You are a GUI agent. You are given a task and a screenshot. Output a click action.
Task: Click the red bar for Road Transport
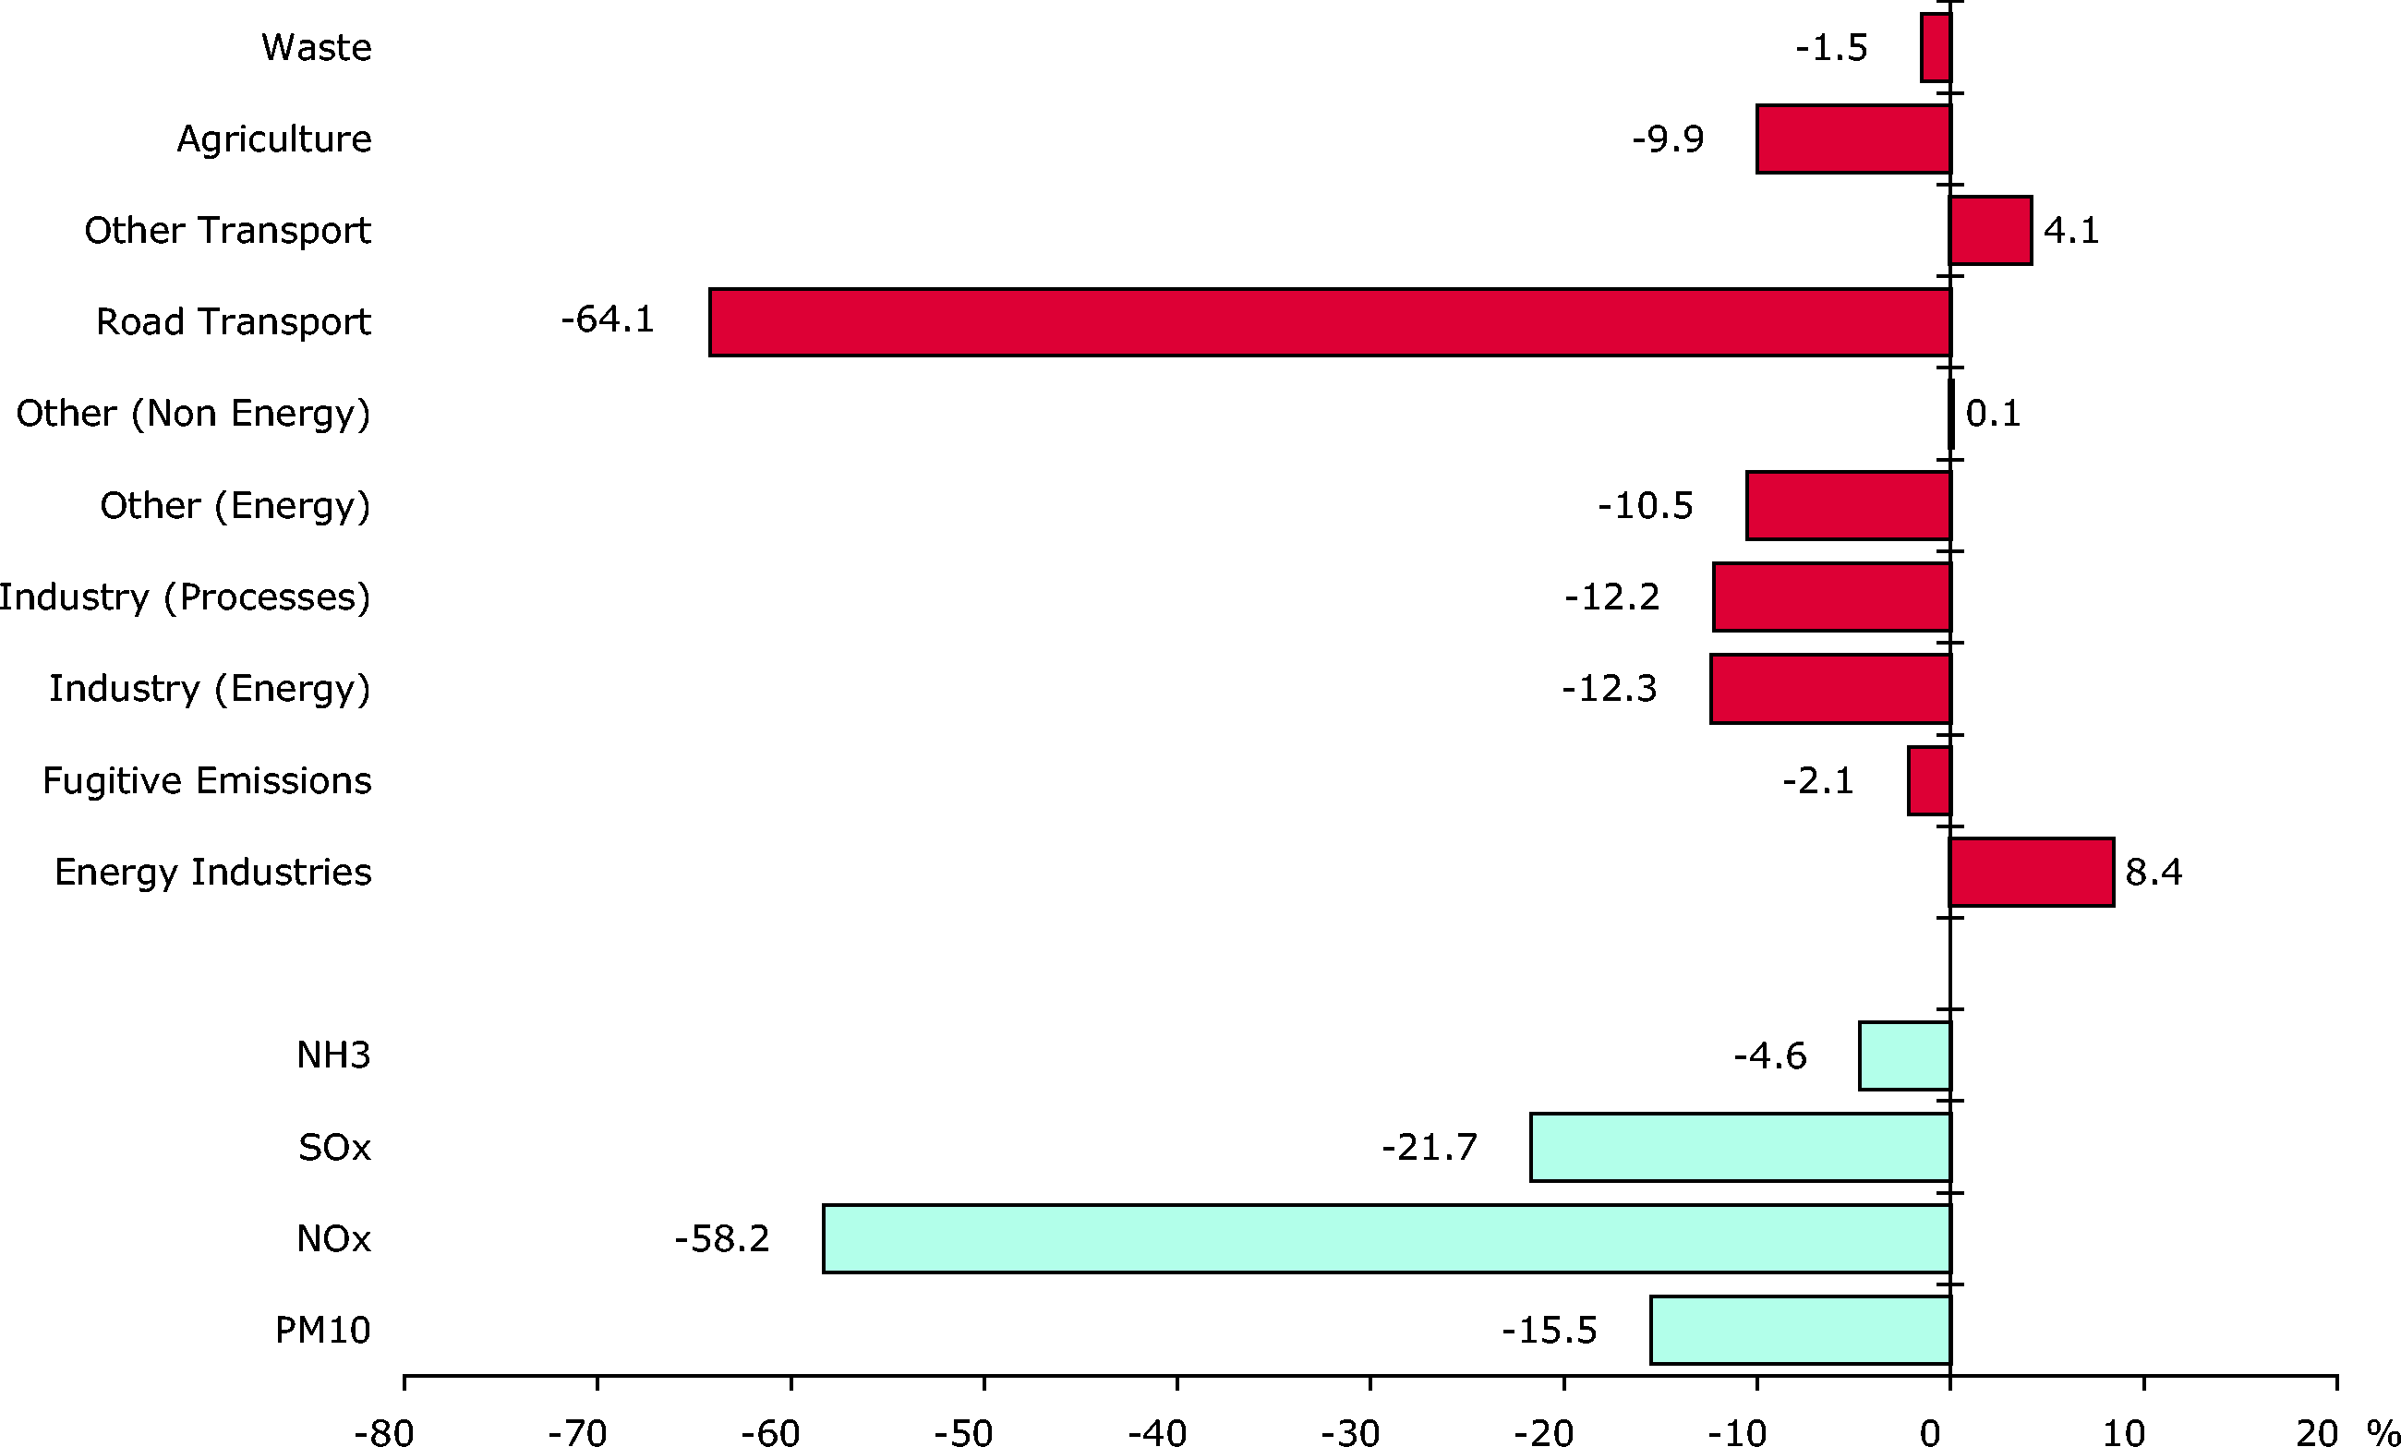(1330, 322)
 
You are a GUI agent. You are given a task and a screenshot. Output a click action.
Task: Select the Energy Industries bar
(2032, 872)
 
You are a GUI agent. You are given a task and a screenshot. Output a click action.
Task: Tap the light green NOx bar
(1387, 1238)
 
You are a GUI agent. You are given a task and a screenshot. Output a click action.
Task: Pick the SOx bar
(1741, 1147)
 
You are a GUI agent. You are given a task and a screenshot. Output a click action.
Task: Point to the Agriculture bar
(1853, 139)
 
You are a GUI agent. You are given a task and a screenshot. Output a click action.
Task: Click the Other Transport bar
(1991, 231)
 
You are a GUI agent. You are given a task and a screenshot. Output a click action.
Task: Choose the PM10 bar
(1801, 1330)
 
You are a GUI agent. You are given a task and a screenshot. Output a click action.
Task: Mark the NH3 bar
(1905, 1055)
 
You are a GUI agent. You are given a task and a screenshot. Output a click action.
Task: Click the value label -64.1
(607, 320)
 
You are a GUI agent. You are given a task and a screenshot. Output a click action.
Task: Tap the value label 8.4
(2154, 872)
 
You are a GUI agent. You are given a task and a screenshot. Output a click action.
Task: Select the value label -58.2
(722, 1238)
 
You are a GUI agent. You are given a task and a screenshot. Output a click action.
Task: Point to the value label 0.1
(1993, 413)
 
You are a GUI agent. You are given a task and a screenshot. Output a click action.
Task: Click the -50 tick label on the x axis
(964, 1431)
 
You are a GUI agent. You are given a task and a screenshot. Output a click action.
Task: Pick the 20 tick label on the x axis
(2316, 1431)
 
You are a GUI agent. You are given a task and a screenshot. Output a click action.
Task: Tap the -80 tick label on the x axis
(384, 1431)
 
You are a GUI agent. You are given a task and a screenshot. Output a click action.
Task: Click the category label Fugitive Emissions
(207, 780)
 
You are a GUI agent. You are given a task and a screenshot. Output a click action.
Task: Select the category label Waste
(317, 48)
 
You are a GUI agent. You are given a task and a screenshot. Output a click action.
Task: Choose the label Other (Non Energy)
(193, 414)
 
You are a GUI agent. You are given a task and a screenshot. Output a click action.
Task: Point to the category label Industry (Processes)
(185, 597)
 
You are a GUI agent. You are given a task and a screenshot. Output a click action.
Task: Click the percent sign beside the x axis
(2383, 1431)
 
